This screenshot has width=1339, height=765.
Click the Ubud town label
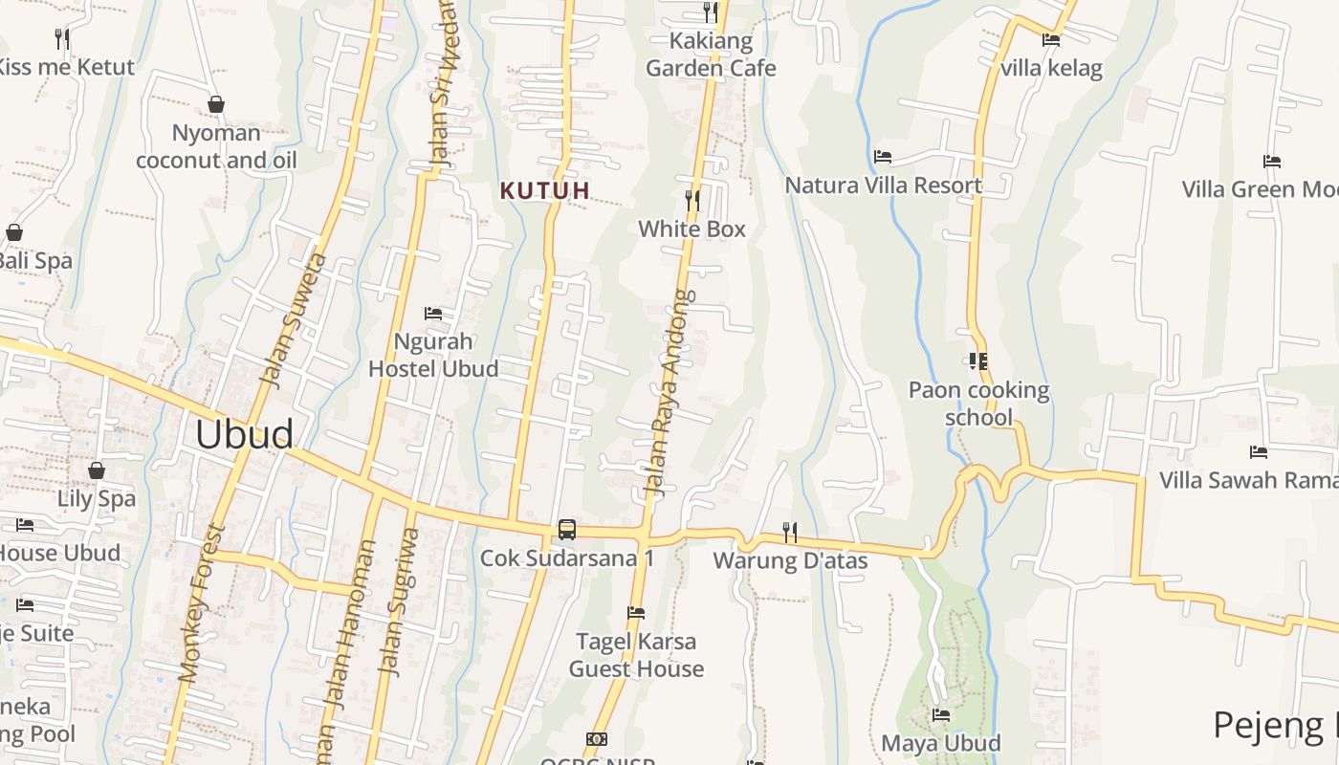(x=244, y=434)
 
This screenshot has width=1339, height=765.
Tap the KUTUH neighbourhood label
(x=544, y=190)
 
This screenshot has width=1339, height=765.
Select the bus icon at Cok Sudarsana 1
(x=567, y=529)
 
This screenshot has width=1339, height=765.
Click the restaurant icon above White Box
(x=692, y=201)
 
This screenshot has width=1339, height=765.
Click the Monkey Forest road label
(x=201, y=602)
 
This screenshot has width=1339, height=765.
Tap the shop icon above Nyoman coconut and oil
(x=216, y=104)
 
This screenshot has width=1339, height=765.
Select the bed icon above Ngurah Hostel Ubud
(x=433, y=313)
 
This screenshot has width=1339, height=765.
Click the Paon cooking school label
(x=978, y=403)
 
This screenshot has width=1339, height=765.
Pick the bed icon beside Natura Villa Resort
(x=883, y=156)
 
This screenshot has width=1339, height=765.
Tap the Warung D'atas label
(x=790, y=560)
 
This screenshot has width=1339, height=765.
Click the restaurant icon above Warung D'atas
(x=790, y=531)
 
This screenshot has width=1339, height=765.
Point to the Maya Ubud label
(x=941, y=743)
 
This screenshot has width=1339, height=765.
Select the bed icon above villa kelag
(x=1051, y=40)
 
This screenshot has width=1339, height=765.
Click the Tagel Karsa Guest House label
(x=636, y=654)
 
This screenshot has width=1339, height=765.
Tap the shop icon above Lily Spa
(x=96, y=470)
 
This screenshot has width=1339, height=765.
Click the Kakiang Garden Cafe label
(x=711, y=55)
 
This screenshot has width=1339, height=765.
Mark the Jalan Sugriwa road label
(x=399, y=602)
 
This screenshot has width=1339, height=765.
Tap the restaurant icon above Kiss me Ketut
(x=62, y=39)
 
